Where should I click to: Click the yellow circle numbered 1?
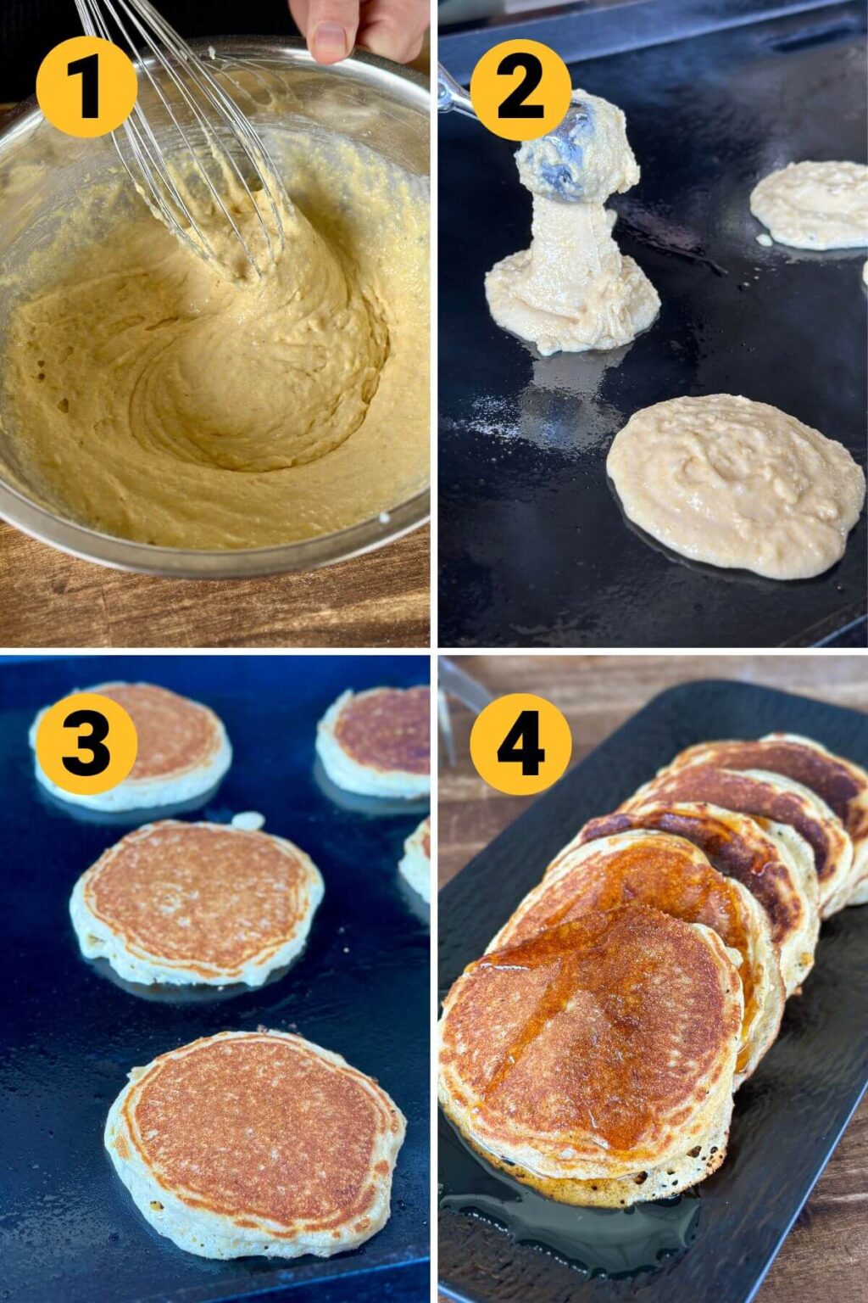pos(86,87)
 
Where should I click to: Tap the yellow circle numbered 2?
pos(520,89)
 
